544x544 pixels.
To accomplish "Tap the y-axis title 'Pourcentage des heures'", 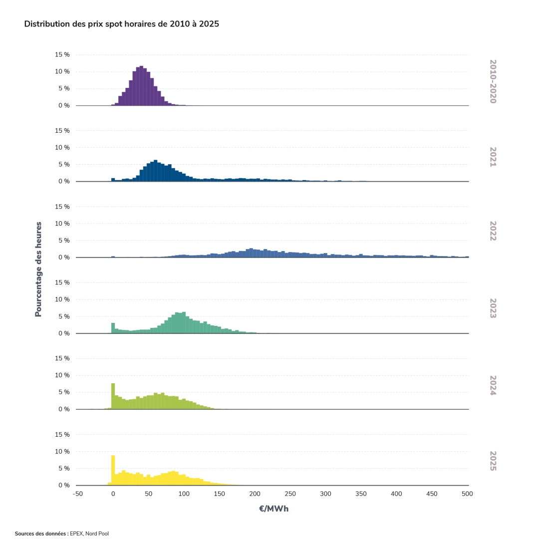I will [38, 269].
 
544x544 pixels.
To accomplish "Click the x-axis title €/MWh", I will [273, 509].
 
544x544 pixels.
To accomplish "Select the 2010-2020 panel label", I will [493, 81].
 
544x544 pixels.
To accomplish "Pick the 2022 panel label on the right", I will [493, 231].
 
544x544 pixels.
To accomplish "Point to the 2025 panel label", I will [493, 461].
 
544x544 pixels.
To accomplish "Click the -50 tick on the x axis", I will [77, 494].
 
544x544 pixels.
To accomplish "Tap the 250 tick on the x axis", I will [290, 494].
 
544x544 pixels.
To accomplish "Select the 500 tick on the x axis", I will [467, 494].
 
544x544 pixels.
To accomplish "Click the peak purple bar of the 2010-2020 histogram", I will [141, 86].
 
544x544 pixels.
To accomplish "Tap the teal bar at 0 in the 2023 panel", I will [113, 328].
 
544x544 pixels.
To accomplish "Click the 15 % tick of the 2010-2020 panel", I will [62, 54].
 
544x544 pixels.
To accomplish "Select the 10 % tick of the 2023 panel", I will [62, 299].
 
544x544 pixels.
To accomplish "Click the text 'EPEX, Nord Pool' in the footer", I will [89, 534].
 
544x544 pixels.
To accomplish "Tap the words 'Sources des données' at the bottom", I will [41, 534].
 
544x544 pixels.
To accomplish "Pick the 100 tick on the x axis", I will [184, 494].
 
